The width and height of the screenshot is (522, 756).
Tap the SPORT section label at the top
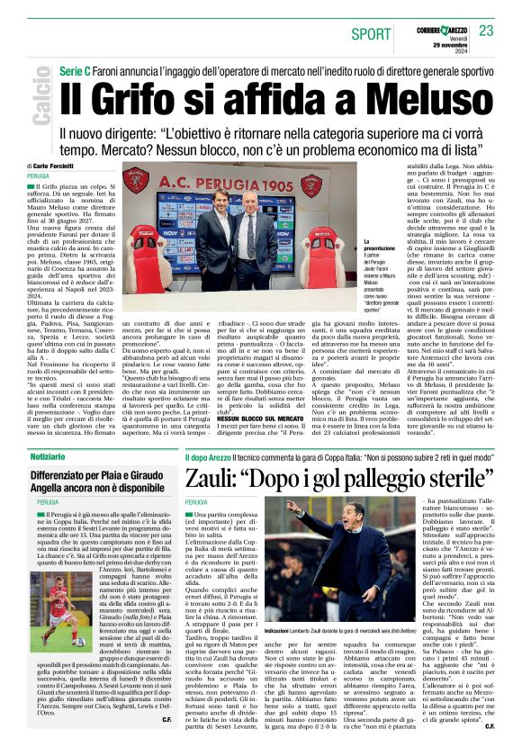pyautogui.click(x=370, y=34)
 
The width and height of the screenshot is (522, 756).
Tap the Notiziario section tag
pyautogui.click(x=41, y=458)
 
